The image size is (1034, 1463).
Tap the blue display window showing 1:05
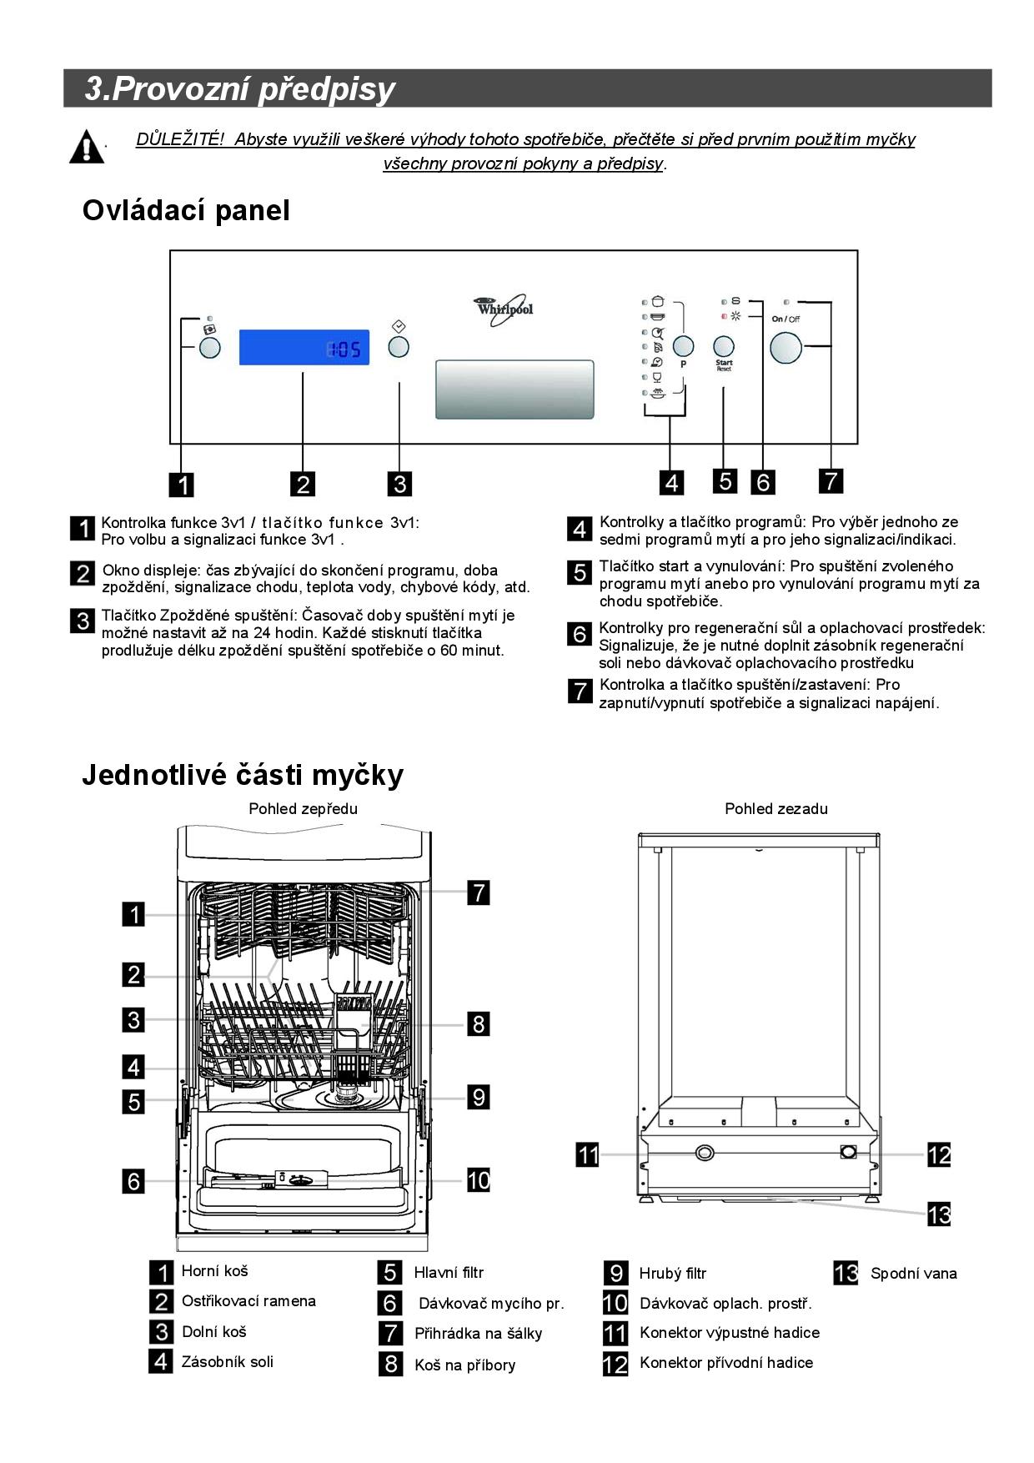click(x=304, y=347)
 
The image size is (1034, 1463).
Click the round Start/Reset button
click(x=724, y=346)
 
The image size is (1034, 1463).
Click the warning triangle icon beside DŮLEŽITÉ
click(x=86, y=148)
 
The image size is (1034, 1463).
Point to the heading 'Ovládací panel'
click(x=186, y=210)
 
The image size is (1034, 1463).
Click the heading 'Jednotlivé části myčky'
click(x=242, y=775)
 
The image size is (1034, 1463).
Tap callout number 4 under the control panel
click(x=670, y=482)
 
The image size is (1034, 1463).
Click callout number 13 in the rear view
click(x=939, y=1214)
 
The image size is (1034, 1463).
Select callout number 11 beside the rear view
click(x=588, y=1155)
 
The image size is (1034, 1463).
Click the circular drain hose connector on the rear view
click(x=705, y=1153)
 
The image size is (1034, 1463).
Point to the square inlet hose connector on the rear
click(x=849, y=1152)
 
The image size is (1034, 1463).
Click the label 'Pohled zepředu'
click(x=303, y=808)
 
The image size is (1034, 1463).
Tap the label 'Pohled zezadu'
click(x=775, y=808)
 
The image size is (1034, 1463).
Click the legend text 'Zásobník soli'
click(x=227, y=1362)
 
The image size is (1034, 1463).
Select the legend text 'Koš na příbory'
click(x=464, y=1365)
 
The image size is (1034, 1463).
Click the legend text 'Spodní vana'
click(x=913, y=1274)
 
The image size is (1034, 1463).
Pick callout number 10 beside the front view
click(x=478, y=1180)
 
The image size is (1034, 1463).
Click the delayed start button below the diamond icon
click(x=399, y=346)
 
